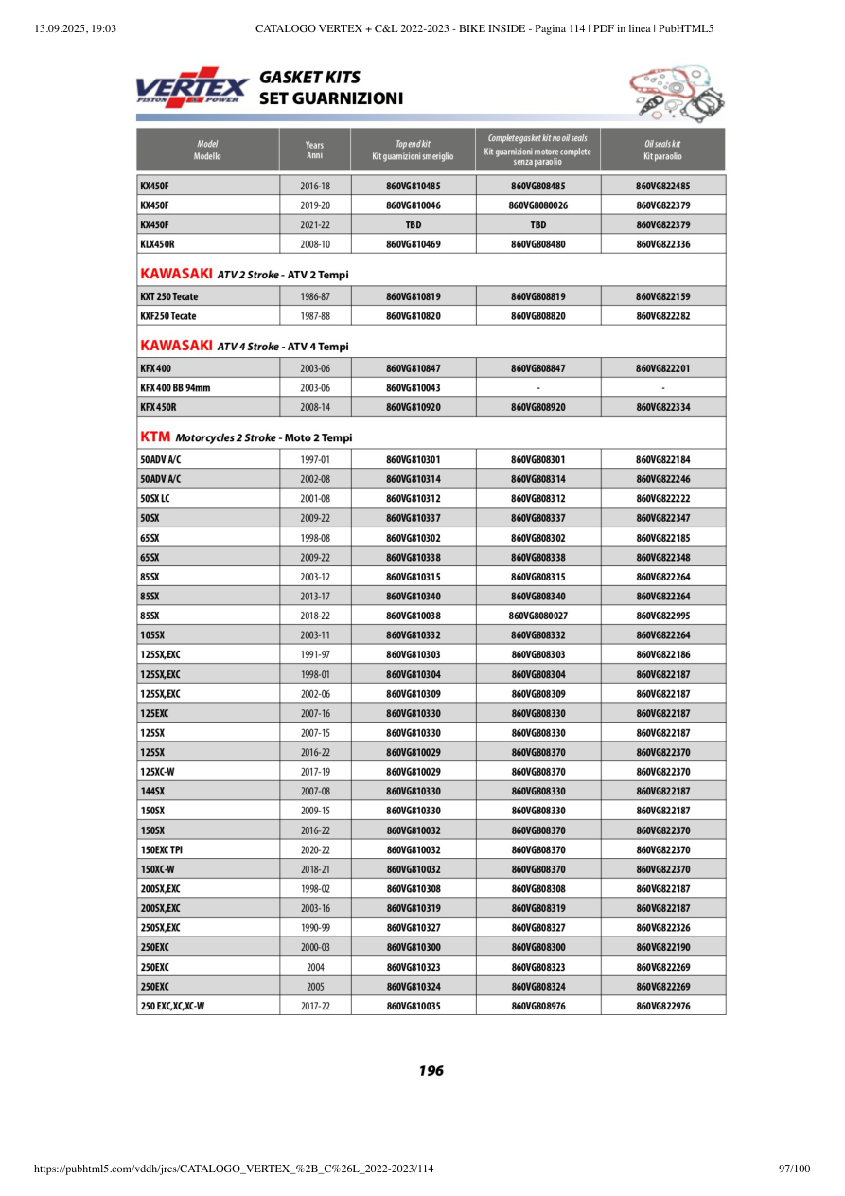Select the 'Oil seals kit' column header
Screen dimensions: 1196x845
point(662,150)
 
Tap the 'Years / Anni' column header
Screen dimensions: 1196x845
point(315,150)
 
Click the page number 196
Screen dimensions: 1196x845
point(431,1071)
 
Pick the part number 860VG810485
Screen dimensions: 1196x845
point(414,186)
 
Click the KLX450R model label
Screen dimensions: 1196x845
point(157,244)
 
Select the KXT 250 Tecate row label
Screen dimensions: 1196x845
point(168,296)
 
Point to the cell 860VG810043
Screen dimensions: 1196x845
point(414,387)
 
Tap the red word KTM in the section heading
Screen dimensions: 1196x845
point(155,437)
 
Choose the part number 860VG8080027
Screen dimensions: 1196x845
point(538,616)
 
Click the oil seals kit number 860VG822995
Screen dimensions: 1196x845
point(662,616)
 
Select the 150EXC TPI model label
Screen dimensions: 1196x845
point(162,849)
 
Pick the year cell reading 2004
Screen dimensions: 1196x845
point(315,967)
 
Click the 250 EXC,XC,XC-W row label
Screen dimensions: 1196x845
point(172,1006)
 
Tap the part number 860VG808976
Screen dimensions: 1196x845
point(538,1006)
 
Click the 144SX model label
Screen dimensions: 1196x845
point(152,791)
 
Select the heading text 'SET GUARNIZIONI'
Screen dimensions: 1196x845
point(331,98)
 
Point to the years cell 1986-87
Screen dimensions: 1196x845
point(315,296)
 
